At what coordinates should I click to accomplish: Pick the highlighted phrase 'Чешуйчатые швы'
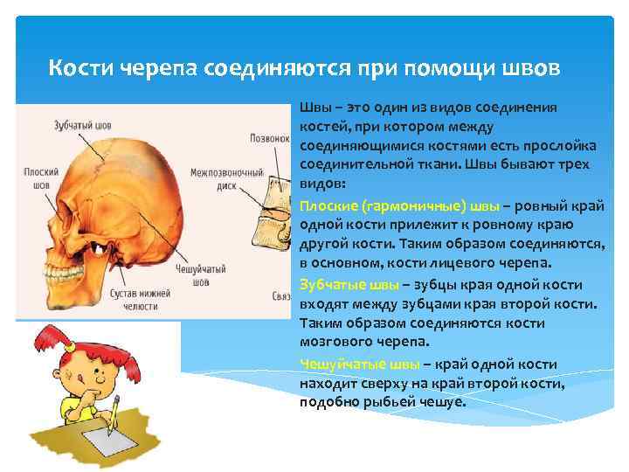(358, 364)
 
